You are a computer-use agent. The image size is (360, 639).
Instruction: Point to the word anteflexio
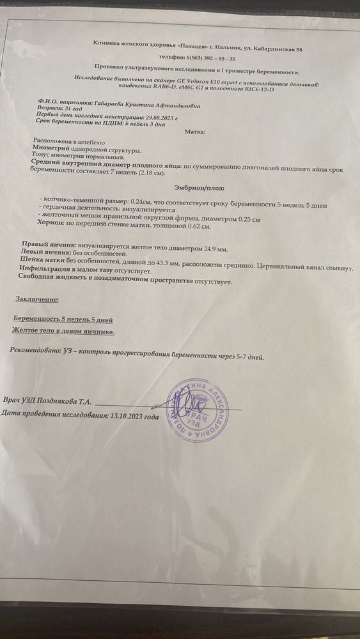click(88, 139)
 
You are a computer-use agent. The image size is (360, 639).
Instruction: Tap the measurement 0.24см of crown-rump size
click(140, 201)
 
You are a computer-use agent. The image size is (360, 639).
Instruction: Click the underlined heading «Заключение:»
click(37, 299)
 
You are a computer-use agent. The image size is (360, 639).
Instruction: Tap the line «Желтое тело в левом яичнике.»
click(63, 331)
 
